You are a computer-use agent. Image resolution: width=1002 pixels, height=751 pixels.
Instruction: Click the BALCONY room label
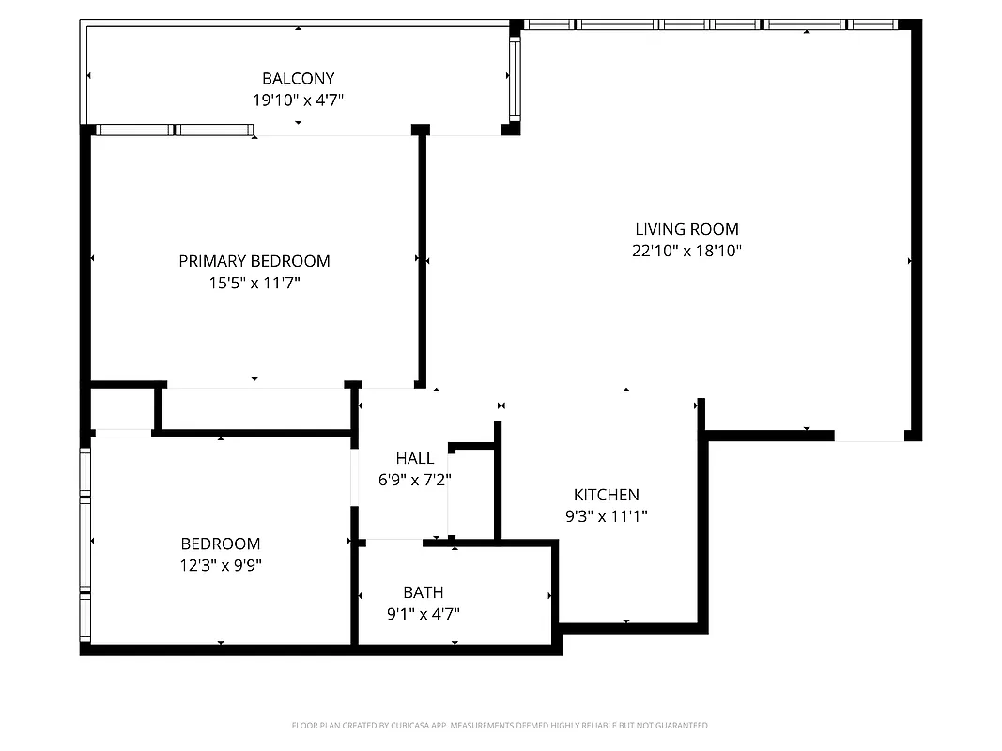point(298,79)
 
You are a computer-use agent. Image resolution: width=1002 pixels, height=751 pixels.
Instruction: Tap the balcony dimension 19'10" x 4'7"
point(298,100)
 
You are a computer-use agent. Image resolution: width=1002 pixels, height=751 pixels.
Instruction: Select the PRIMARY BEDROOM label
point(254,261)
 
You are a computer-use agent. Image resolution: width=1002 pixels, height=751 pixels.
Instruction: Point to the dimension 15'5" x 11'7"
point(254,282)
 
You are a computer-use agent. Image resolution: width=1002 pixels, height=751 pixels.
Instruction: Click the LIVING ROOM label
point(686,229)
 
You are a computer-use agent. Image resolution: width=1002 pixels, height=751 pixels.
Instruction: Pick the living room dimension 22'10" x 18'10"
point(686,251)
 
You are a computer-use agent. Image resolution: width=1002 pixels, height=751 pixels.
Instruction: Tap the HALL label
point(414,458)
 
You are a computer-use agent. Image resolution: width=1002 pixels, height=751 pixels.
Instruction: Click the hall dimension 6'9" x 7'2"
point(414,480)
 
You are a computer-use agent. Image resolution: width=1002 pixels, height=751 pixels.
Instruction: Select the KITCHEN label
point(606,495)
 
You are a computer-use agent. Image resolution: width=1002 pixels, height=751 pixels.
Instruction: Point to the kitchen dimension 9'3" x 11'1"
point(606,515)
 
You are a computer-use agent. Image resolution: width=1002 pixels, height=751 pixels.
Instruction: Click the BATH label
point(423,592)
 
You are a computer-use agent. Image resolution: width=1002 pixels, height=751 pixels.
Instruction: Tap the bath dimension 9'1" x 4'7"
point(423,614)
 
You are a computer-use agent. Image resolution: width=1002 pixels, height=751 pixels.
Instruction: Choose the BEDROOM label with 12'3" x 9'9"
point(221,544)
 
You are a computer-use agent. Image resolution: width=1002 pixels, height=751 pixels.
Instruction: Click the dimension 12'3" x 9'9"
point(221,565)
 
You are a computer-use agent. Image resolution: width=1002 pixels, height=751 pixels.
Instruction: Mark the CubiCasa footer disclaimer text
point(501,726)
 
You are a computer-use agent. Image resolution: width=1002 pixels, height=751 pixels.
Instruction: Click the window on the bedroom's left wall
point(85,544)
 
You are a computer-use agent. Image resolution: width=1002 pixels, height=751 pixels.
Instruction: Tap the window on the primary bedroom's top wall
point(174,130)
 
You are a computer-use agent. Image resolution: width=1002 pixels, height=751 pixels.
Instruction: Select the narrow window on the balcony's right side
point(514,79)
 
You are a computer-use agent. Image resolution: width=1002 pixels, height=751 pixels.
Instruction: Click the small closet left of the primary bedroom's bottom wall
point(123,408)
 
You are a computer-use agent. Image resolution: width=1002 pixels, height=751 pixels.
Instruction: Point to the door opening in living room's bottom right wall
point(869,436)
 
